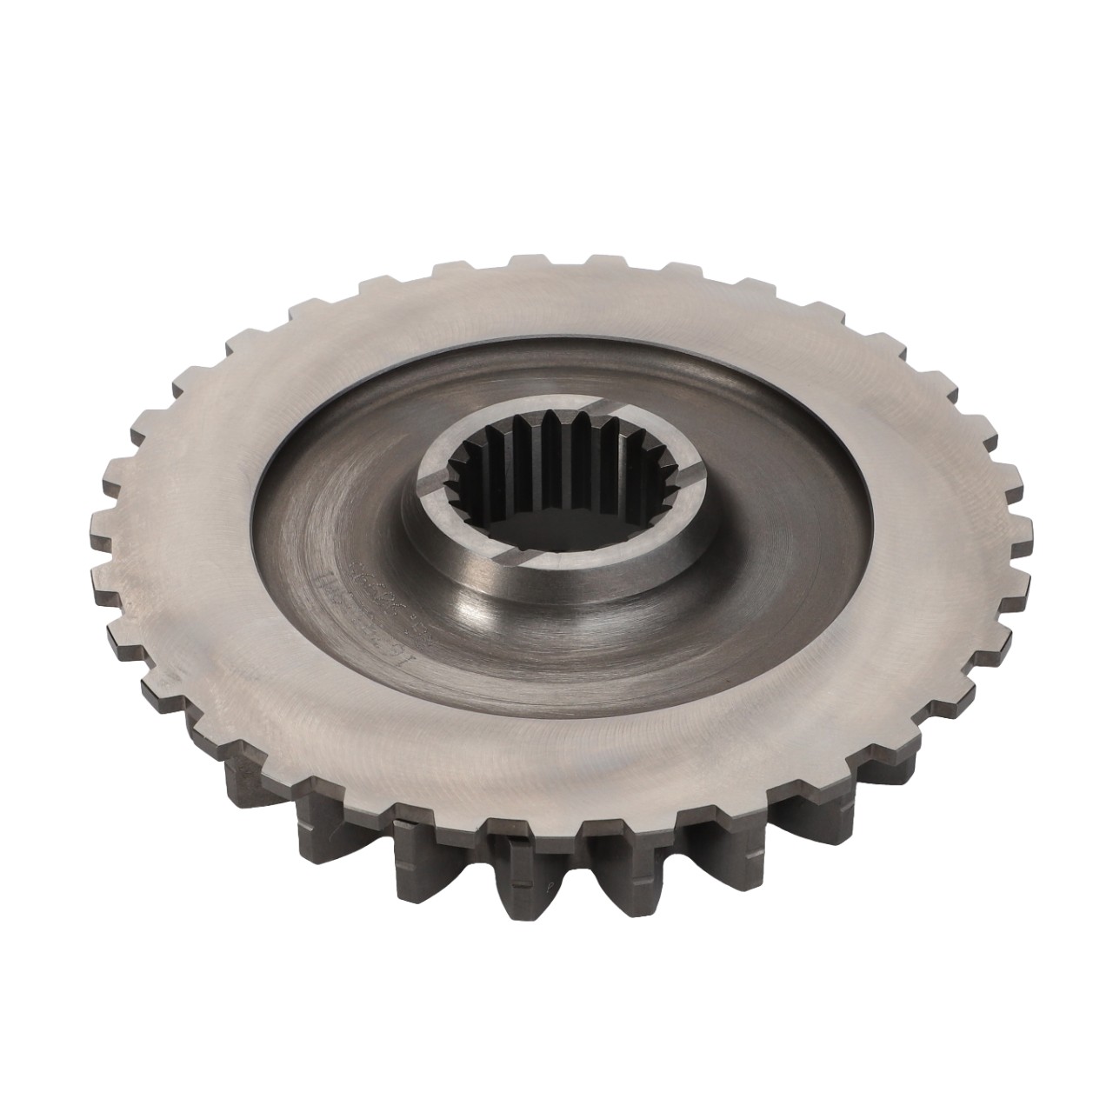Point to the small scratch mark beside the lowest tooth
coord(549,904)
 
